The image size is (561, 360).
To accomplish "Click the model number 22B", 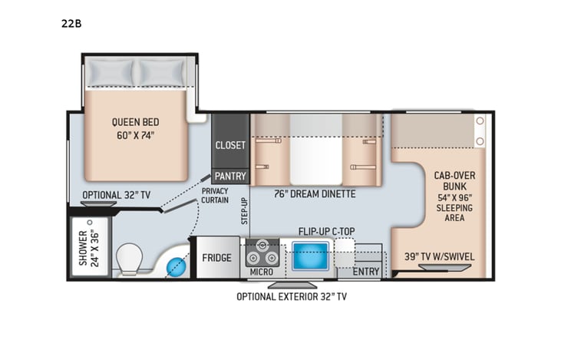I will pyautogui.click(x=71, y=23).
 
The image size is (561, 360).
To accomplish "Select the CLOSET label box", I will pyautogui.click(x=230, y=145).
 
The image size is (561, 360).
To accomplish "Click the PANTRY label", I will pyautogui.click(x=230, y=176).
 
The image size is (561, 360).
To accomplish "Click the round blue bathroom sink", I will pyautogui.click(x=177, y=266).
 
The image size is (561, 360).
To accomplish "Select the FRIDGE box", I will pyautogui.click(x=216, y=257).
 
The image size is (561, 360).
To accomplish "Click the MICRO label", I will pyautogui.click(x=262, y=272).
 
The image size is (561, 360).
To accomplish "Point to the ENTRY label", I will pyautogui.click(x=366, y=272).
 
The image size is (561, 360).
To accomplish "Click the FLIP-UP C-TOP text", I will pyautogui.click(x=331, y=230).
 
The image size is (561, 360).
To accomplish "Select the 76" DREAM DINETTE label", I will pyautogui.click(x=315, y=194).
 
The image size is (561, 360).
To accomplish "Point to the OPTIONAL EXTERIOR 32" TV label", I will pyautogui.click(x=296, y=296).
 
